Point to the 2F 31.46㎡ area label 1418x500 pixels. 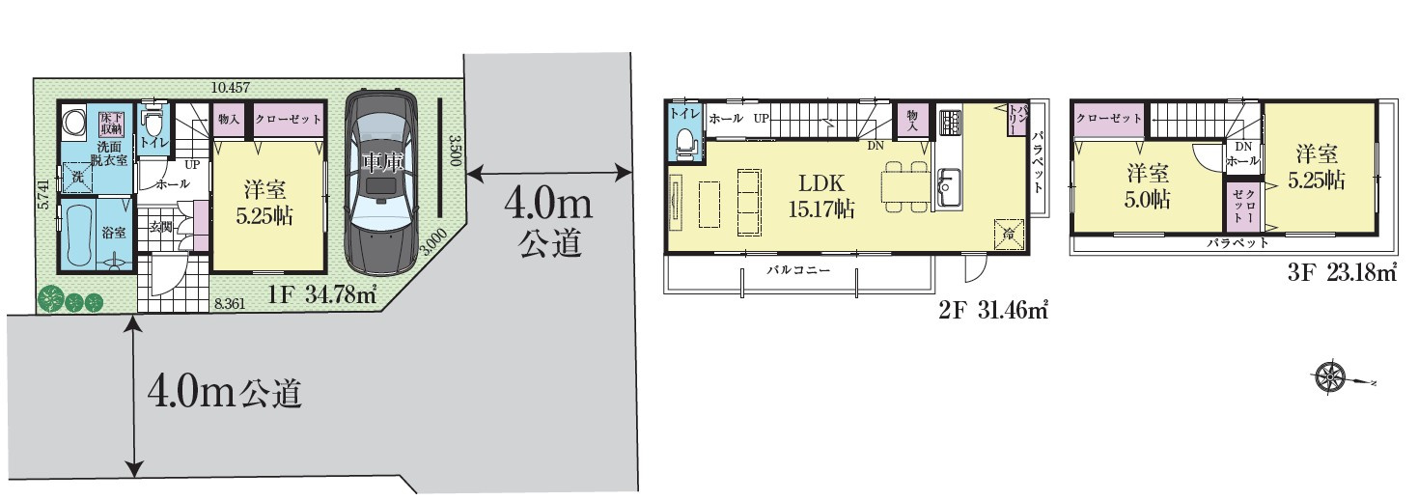coord(992,311)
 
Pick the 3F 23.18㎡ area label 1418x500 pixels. coord(1342,273)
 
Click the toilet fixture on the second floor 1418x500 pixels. coord(685,141)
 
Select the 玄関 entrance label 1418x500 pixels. coord(160,227)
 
